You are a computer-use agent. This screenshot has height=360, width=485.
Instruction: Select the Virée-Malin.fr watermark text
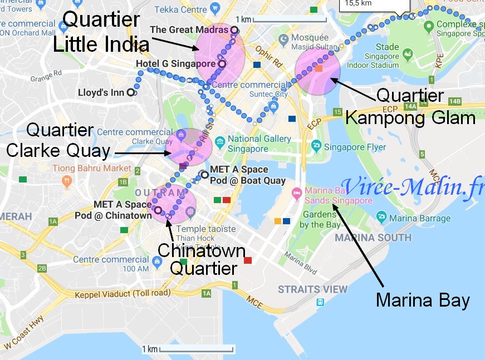(x=413, y=188)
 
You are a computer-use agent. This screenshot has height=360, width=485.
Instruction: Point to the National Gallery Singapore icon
(x=220, y=144)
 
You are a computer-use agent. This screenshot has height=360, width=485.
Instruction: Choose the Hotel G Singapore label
(x=176, y=64)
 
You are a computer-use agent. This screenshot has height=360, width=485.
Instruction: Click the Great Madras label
(x=189, y=29)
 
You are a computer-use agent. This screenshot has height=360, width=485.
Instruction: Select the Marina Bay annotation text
(x=423, y=300)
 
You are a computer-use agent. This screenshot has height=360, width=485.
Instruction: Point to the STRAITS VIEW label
(x=312, y=289)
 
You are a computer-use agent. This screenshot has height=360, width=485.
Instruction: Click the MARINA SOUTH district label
(x=373, y=238)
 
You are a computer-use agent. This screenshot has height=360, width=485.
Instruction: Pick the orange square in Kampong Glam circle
(x=319, y=68)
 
